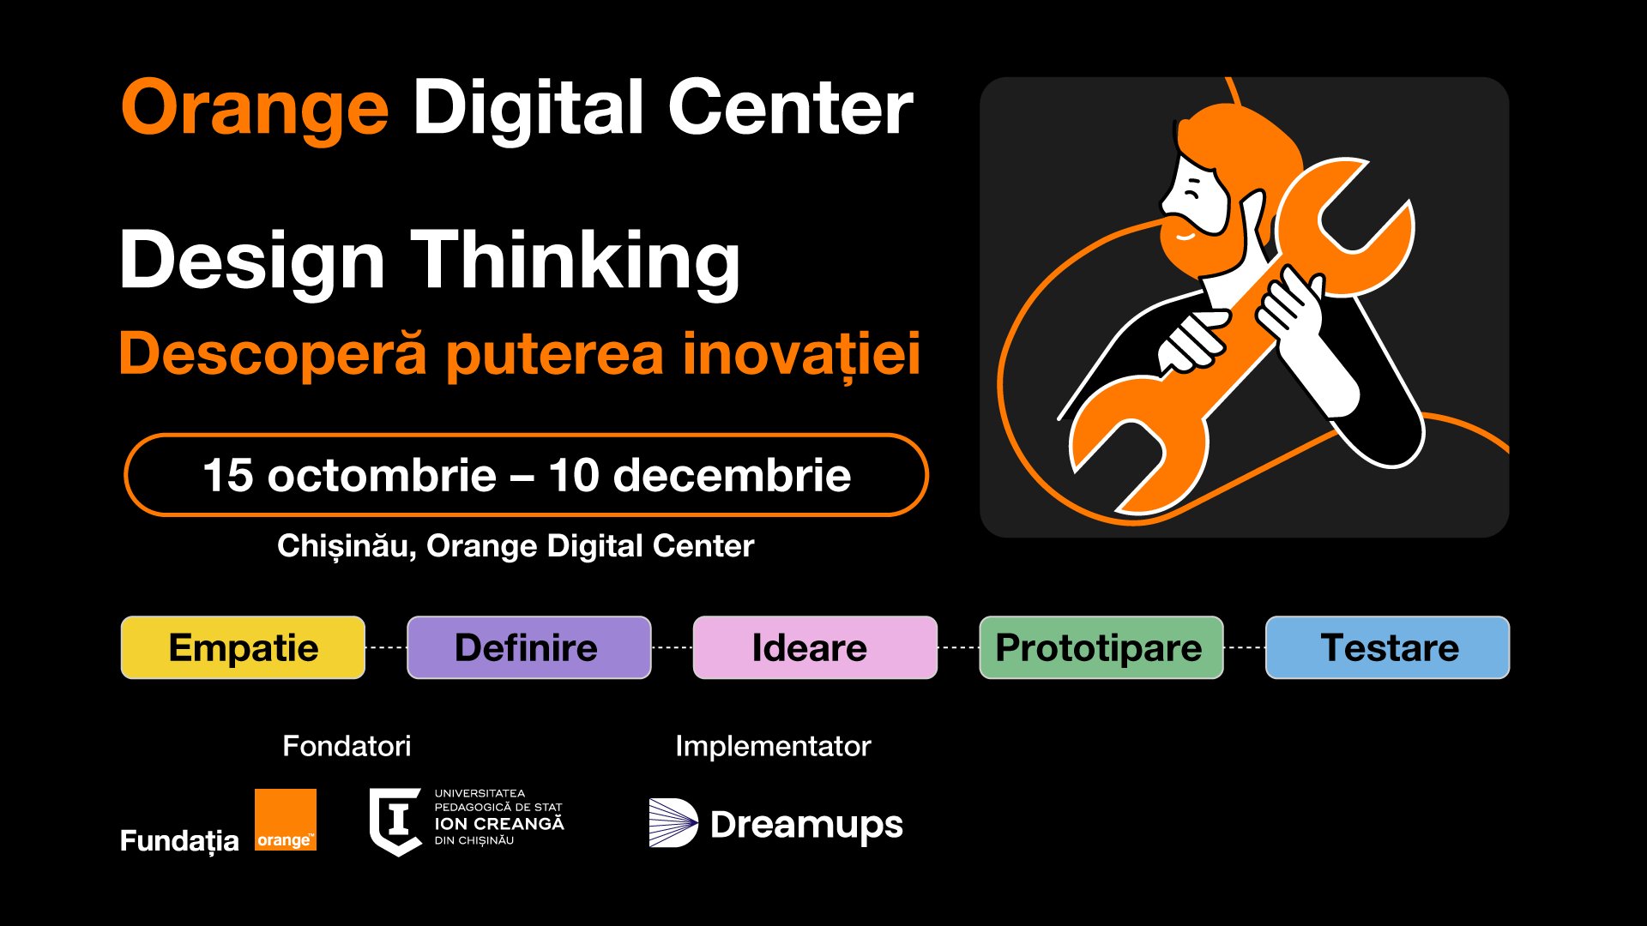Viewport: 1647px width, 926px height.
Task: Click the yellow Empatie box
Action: pos(243,647)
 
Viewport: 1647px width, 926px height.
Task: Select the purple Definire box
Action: pos(528,647)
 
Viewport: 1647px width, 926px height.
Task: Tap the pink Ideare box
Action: pos(815,647)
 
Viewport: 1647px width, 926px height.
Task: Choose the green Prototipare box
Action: pos(1101,647)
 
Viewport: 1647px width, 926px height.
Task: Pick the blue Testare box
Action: pos(1387,647)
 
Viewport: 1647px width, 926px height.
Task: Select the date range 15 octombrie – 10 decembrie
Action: pos(527,475)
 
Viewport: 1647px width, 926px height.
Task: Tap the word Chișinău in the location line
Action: pos(347,546)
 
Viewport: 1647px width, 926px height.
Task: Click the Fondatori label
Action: pos(347,746)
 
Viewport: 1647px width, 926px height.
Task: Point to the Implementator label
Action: pos(773,747)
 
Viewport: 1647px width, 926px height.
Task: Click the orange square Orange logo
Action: pos(286,820)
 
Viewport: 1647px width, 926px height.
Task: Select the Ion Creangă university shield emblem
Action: pos(395,821)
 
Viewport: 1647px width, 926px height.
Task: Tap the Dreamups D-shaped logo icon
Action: pos(673,823)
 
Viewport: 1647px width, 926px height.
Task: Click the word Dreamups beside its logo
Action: pos(806,826)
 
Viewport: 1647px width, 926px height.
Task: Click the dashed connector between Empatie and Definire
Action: pos(386,648)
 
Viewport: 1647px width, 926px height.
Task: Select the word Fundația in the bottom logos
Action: pos(179,840)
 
